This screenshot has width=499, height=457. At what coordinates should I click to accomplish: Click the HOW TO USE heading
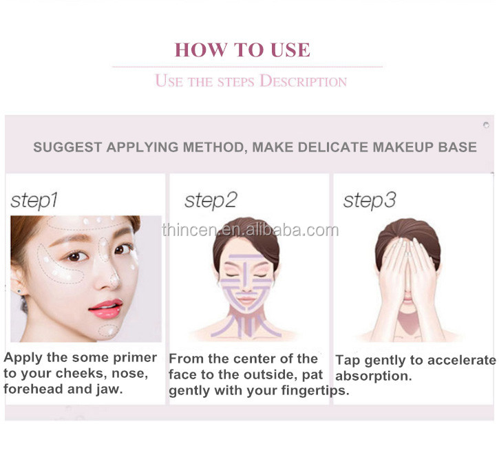click(x=242, y=50)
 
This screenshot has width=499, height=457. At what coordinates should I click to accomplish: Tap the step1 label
click(x=34, y=200)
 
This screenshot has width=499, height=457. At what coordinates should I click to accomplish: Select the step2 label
click(x=210, y=200)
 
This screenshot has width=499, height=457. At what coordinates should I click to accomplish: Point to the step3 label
click(x=370, y=200)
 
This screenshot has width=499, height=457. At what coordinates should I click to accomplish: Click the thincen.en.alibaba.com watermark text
click(x=250, y=230)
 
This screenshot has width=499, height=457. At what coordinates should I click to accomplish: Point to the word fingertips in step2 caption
click(x=316, y=390)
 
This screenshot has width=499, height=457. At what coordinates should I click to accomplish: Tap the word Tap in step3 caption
click(x=348, y=360)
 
